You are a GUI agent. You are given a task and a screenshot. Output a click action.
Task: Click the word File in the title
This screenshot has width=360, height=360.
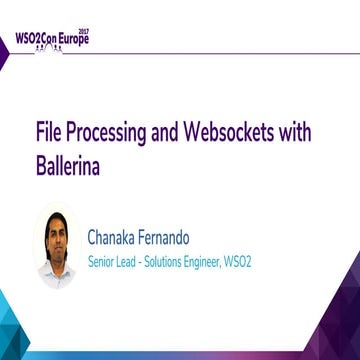(x=48, y=133)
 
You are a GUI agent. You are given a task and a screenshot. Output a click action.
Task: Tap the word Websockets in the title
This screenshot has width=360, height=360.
(x=236, y=133)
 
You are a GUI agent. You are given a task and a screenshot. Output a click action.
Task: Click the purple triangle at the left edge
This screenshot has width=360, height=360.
(x=3, y=54)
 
